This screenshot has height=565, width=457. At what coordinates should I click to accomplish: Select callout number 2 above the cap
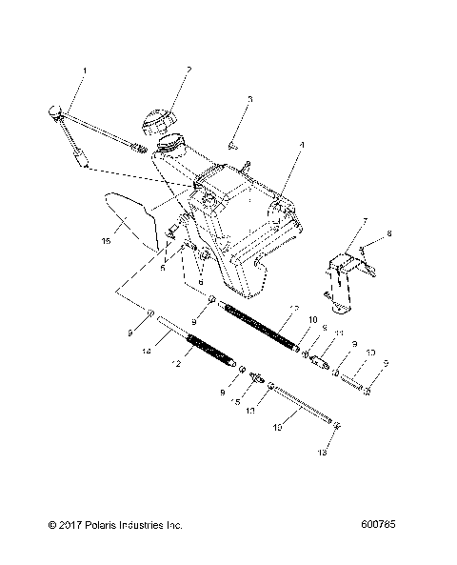coord(189,70)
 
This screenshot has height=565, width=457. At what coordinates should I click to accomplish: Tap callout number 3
coord(250,98)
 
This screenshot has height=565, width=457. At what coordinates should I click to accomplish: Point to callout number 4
coord(301,146)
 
